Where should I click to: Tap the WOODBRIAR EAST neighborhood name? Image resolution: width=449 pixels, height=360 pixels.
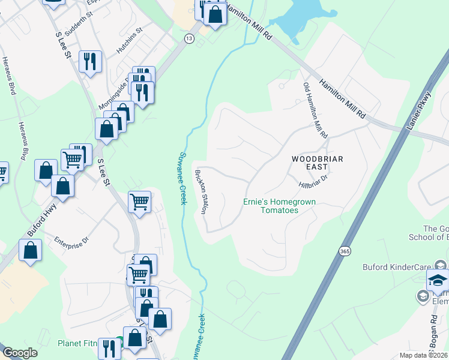(x=317, y=159)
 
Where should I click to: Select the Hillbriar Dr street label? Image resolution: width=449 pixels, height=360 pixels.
(x=314, y=179)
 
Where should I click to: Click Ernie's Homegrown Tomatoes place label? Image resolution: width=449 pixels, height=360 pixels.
(x=279, y=206)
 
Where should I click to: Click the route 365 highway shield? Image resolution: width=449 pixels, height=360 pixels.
(x=344, y=249)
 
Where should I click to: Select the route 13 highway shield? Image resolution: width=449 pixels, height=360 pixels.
(x=190, y=38)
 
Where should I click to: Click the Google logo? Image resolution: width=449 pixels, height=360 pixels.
(x=20, y=353)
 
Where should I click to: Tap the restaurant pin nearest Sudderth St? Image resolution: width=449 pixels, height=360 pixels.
(x=90, y=62)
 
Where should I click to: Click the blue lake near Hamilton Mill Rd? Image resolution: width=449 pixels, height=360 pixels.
(x=294, y=21)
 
